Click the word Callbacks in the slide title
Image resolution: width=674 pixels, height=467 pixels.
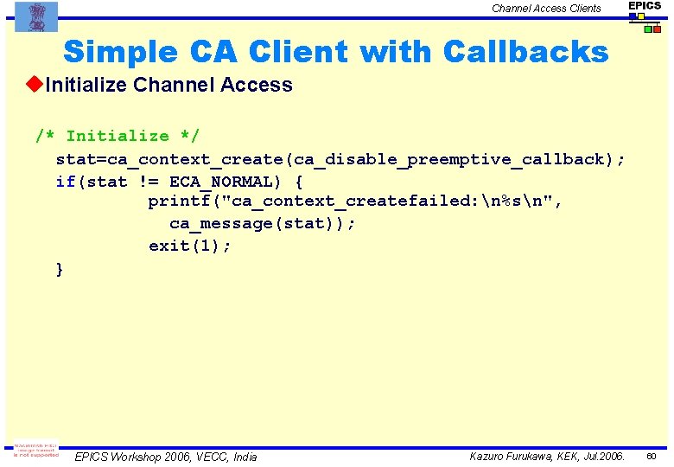pos(525,52)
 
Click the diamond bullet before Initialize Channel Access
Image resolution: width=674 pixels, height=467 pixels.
pos(35,85)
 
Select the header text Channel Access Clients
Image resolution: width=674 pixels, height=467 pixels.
pos(546,9)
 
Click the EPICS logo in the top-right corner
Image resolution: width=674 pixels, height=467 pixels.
pos(645,16)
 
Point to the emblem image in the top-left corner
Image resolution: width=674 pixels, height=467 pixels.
pos(36,16)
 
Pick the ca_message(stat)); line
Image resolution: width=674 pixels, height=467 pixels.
pos(263,224)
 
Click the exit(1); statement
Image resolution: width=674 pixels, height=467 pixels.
pos(190,246)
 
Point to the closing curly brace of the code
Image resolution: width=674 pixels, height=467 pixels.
pos(59,269)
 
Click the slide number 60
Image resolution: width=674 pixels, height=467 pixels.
pos(652,456)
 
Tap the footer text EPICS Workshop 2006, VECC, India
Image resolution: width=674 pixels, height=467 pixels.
pos(166,457)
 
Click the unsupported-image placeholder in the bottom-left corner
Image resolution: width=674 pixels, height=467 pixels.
pos(36,451)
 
